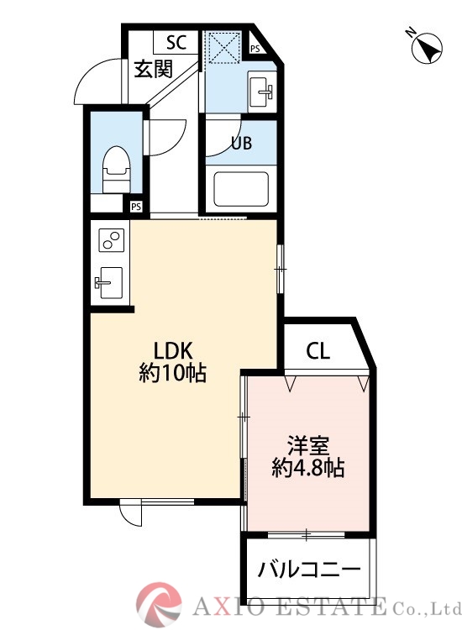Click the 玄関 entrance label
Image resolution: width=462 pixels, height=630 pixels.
click(x=154, y=69)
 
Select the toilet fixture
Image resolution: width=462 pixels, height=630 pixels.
click(x=115, y=167)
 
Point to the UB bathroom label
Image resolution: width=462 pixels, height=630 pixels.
click(x=241, y=143)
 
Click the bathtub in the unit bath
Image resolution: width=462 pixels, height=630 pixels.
click(x=240, y=189)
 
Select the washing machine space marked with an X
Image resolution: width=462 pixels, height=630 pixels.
click(x=223, y=47)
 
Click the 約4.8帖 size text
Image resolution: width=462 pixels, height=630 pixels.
click(x=307, y=468)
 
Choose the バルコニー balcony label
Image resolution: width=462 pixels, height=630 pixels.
click(x=308, y=569)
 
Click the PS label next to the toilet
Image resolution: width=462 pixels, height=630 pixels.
click(x=135, y=206)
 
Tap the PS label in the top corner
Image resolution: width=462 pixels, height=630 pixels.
click(x=255, y=50)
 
